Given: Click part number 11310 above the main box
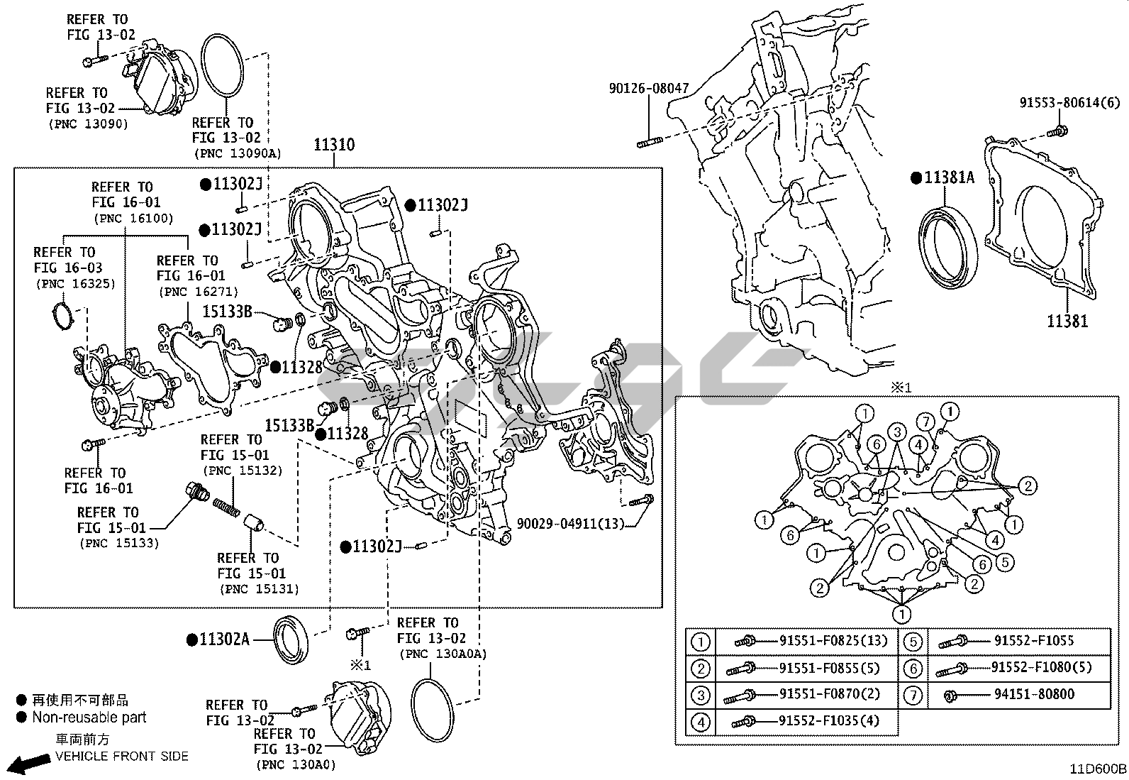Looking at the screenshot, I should (335, 145).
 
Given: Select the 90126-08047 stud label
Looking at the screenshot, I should (648, 89).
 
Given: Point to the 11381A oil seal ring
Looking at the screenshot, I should (948, 246).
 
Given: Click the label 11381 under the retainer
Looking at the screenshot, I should (1067, 322).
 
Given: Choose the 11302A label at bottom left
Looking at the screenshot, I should (224, 639).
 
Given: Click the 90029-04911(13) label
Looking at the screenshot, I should (570, 524).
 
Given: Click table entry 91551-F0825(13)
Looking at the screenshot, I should (833, 641).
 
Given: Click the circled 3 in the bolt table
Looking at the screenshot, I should (701, 696).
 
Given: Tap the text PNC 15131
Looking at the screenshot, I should (259, 589).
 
